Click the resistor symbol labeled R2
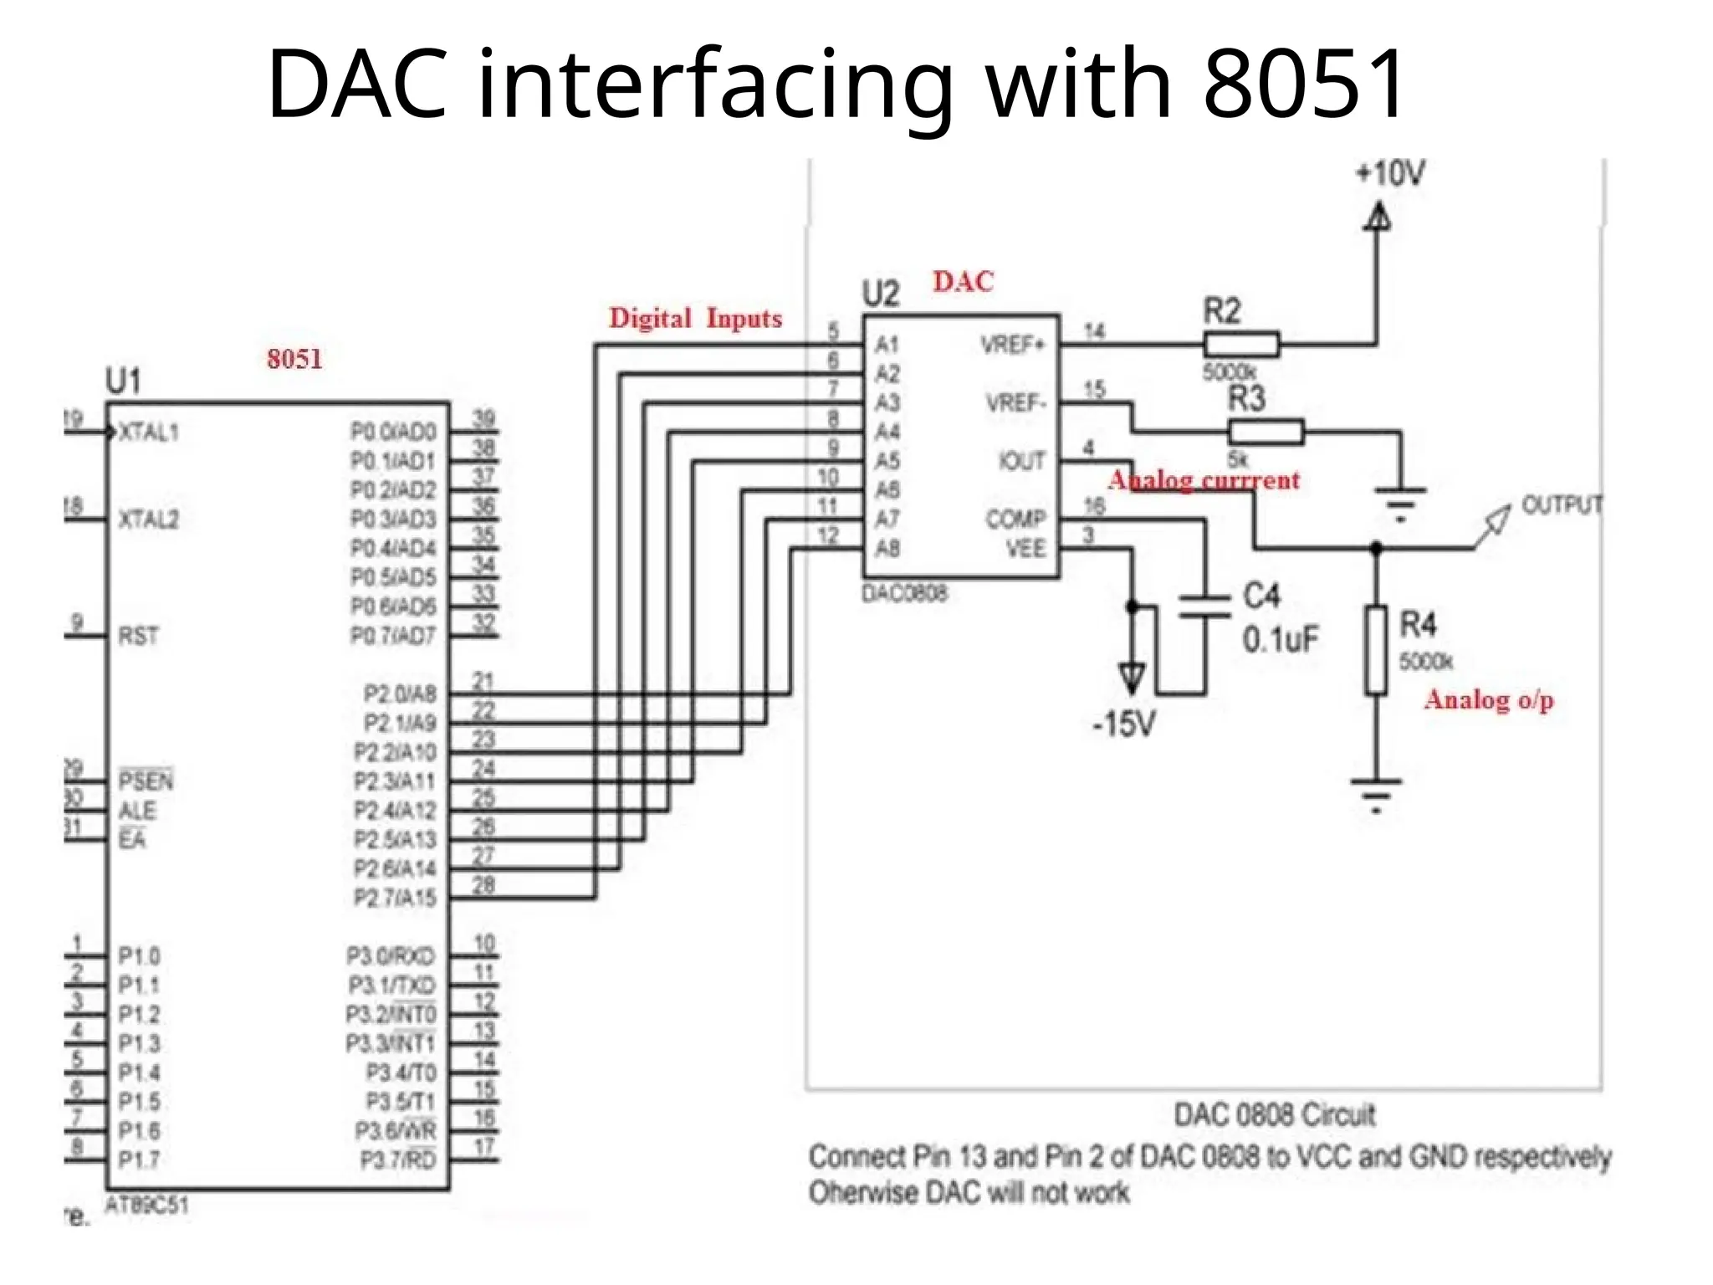pyautogui.click(x=1240, y=344)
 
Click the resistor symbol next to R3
pyautogui.click(x=1266, y=432)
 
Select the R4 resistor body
pyautogui.click(x=1376, y=650)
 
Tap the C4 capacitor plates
pyautogui.click(x=1204, y=607)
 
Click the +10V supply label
pyautogui.click(x=1390, y=174)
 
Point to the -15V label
pyautogui.click(x=1124, y=724)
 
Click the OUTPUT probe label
pyautogui.click(x=1561, y=504)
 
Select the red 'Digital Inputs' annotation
pyautogui.click(x=695, y=319)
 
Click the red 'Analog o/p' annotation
pyautogui.click(x=1489, y=699)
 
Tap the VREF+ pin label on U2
pyautogui.click(x=1012, y=345)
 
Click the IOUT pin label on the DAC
pyautogui.click(x=1021, y=461)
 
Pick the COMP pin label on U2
pyautogui.click(x=1015, y=519)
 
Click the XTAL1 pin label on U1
pyautogui.click(x=149, y=433)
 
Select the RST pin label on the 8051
pyautogui.click(x=138, y=636)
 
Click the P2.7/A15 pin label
pyautogui.click(x=395, y=898)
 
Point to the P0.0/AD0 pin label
pyautogui.click(x=393, y=432)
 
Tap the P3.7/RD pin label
pyautogui.click(x=397, y=1160)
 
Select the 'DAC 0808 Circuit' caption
pyautogui.click(x=1274, y=1115)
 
